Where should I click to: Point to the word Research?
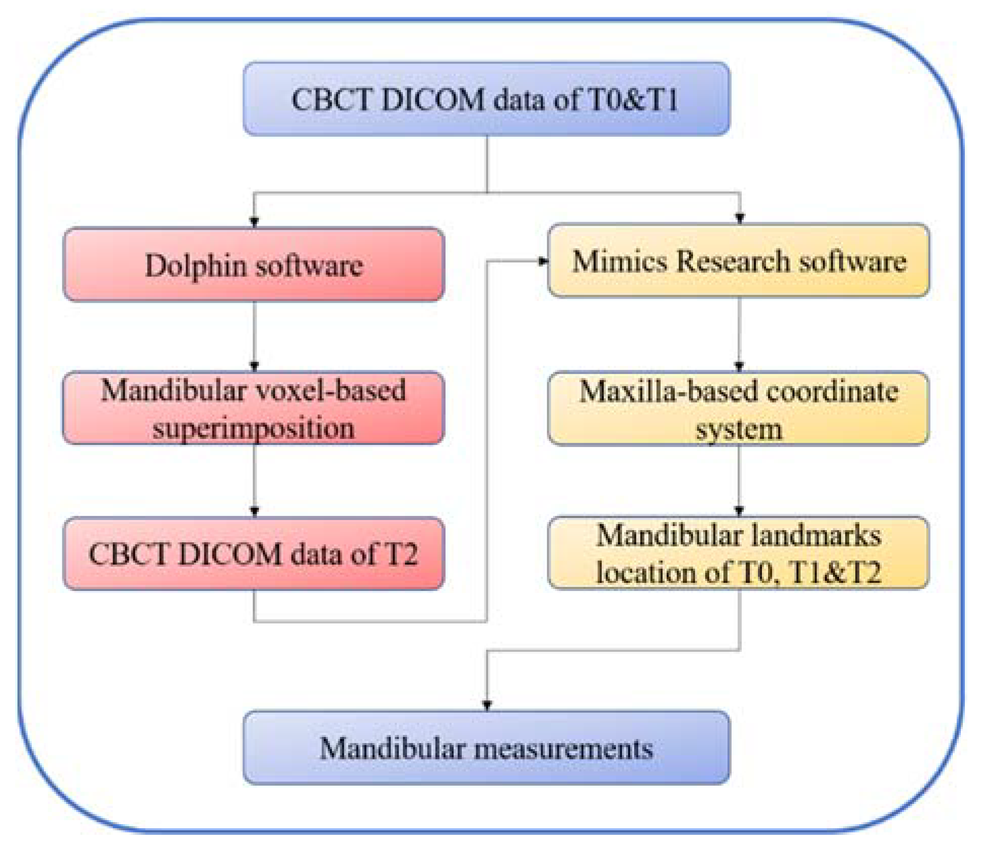733,262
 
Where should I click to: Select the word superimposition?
253,428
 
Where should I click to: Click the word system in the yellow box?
739,430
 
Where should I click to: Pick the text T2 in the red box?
401,553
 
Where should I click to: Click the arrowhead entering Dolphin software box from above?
255,221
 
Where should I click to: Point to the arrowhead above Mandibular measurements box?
487,705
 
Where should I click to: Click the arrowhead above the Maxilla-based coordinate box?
739,366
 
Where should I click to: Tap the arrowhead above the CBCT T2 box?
255,511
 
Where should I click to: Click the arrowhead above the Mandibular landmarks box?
739,510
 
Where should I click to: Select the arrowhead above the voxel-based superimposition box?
255,365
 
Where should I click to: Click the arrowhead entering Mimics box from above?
740,218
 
